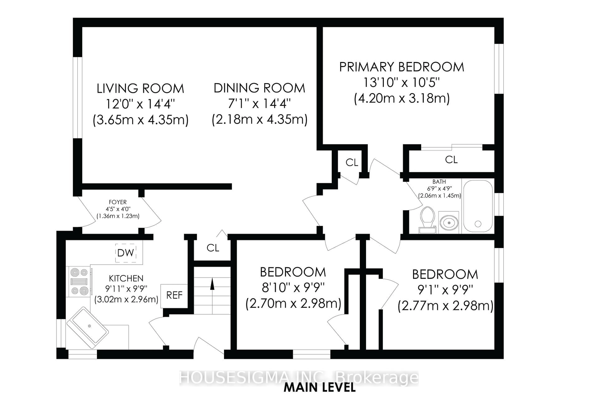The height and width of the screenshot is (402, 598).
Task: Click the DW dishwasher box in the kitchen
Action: click(x=126, y=253)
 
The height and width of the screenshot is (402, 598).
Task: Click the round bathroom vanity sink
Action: click(x=449, y=222)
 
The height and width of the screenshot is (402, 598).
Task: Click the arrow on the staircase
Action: click(x=212, y=284)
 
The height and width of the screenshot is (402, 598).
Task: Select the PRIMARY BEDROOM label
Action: click(x=402, y=67)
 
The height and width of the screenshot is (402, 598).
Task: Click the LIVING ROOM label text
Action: click(x=140, y=89)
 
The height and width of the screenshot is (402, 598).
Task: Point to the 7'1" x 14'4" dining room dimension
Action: click(x=259, y=104)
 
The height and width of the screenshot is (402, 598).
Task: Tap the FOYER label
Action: click(x=118, y=202)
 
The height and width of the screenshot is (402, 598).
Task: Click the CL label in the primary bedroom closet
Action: click(x=451, y=160)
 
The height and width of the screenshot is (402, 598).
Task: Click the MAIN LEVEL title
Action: click(x=320, y=388)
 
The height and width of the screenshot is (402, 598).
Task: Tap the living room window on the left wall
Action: click(x=77, y=97)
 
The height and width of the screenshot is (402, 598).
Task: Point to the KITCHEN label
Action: click(x=126, y=278)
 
